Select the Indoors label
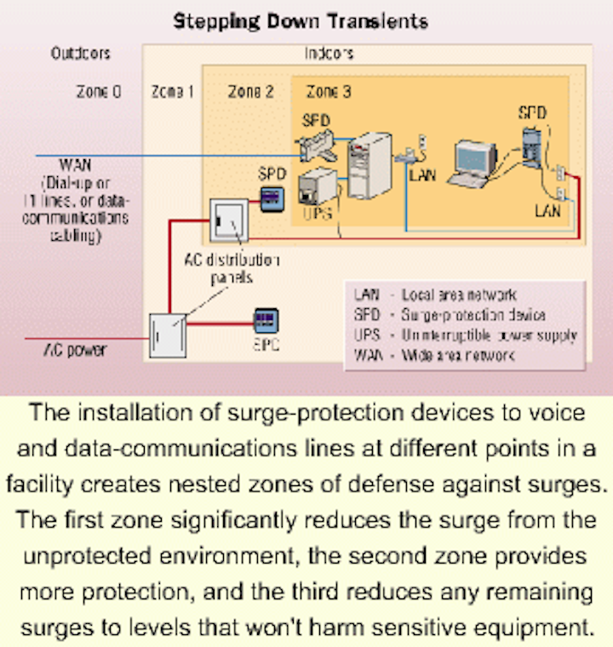[x=329, y=53]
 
